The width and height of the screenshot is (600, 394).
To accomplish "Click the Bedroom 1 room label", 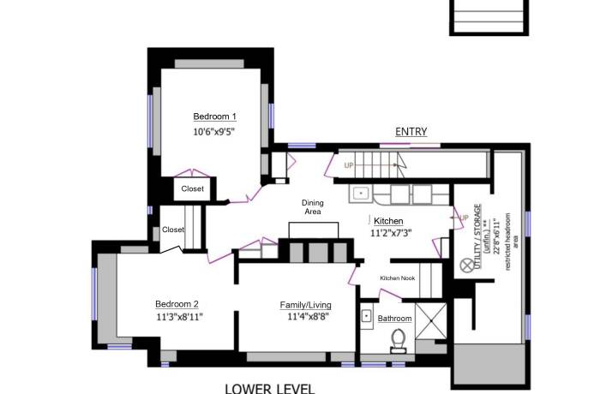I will [214, 116].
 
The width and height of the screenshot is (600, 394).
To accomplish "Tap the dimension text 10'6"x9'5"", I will [214, 132].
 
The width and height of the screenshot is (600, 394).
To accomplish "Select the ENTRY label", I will [411, 131].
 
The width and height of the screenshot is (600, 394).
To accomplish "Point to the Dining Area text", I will [312, 207].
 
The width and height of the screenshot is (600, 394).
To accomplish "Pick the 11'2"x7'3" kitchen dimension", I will [391, 233].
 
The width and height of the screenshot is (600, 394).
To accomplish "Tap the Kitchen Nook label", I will [398, 278].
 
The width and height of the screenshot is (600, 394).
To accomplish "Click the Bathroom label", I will [395, 319].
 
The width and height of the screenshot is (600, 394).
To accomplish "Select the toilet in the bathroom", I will [397, 342].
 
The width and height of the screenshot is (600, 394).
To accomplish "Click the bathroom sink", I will [367, 316].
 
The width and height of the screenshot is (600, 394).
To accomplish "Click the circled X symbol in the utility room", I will [467, 266].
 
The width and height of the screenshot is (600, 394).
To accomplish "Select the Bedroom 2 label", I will [177, 304].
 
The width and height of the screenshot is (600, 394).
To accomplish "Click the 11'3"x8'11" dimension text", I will [179, 317].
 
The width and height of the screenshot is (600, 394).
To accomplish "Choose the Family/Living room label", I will [305, 305].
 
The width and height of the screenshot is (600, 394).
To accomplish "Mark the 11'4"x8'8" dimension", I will [305, 317].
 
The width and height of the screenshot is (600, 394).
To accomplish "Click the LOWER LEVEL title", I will [270, 387].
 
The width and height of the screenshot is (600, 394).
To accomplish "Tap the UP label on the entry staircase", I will [348, 165].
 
